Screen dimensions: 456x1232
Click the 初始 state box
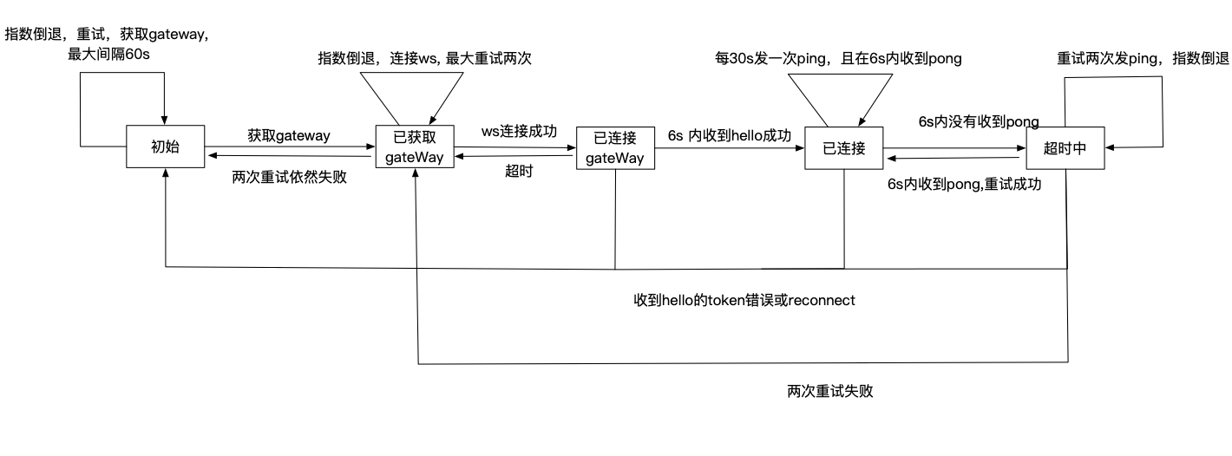click(x=165, y=147)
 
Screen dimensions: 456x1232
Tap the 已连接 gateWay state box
click(x=614, y=148)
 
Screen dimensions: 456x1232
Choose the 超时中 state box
click(x=1066, y=147)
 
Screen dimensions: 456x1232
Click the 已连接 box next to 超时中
click(x=843, y=147)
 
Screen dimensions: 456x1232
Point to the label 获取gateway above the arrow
click(x=288, y=135)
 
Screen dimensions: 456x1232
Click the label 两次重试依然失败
click(x=289, y=177)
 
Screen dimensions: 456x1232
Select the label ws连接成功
click(x=519, y=131)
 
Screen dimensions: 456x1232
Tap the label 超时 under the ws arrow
click(x=519, y=172)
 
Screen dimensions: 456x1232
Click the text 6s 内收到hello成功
click(x=730, y=135)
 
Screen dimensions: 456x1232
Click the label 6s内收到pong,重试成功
click(x=963, y=184)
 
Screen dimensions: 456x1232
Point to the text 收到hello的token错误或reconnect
click(x=744, y=300)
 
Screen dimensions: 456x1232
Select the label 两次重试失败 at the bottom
click(x=829, y=391)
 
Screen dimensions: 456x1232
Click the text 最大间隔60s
click(x=108, y=55)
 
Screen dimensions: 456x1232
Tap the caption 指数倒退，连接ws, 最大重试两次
click(x=424, y=58)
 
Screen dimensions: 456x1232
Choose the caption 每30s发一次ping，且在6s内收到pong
click(x=838, y=58)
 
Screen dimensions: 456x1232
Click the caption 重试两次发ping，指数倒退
click(x=1143, y=58)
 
